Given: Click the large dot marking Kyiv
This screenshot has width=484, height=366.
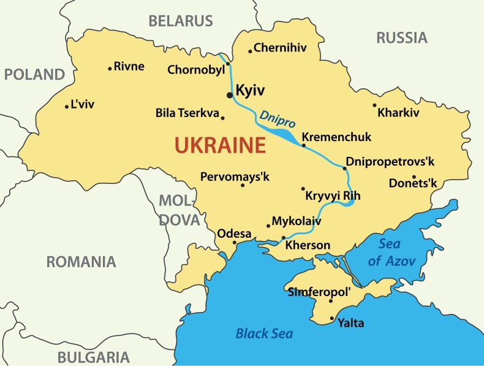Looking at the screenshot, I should pyautogui.click(x=229, y=95).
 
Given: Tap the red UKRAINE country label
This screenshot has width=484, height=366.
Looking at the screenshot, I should pyautogui.click(x=220, y=146).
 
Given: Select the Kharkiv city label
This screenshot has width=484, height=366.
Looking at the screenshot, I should pyautogui.click(x=398, y=113).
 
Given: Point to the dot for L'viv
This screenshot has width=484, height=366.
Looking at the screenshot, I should pyautogui.click(x=67, y=107).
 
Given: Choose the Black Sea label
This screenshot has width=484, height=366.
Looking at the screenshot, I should pyautogui.click(x=264, y=334).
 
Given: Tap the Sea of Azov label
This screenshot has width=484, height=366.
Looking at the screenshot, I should pyautogui.click(x=392, y=252).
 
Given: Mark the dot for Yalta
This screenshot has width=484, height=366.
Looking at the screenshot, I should pyautogui.click(x=332, y=318).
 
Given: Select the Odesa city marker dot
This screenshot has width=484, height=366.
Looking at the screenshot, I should pyautogui.click(x=234, y=242).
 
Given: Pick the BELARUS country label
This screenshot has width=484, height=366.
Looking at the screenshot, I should pyautogui.click(x=181, y=21).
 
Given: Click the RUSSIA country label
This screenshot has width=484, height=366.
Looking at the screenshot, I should pyautogui.click(x=401, y=38).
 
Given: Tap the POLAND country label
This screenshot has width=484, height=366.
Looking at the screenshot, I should pyautogui.click(x=34, y=75).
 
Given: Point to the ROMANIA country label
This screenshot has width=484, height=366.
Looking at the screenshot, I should pyautogui.click(x=81, y=262).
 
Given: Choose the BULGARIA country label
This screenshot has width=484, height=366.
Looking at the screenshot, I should pyautogui.click(x=93, y=357).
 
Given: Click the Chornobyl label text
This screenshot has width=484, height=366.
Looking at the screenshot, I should pyautogui.click(x=195, y=70).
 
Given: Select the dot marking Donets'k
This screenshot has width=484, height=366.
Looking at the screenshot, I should pyautogui.click(x=414, y=177).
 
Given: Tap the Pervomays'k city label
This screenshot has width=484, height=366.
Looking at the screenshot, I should pyautogui.click(x=235, y=177).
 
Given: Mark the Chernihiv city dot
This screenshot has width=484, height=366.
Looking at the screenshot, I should pyautogui.click(x=250, y=51).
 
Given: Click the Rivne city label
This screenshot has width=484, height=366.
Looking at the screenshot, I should pyautogui.click(x=129, y=66).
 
